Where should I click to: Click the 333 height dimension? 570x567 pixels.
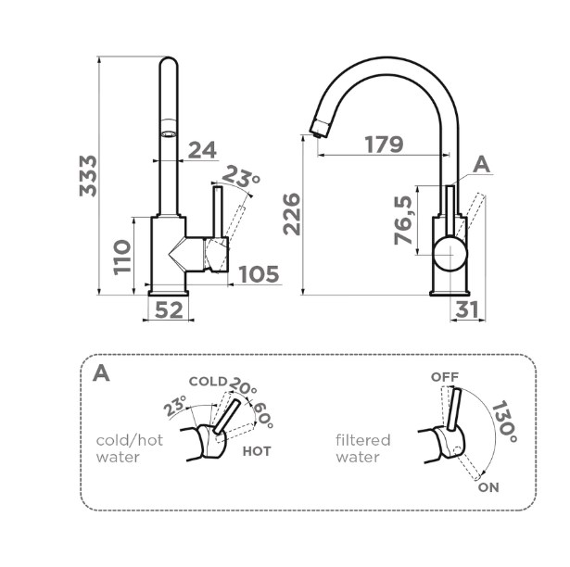tap(87, 174)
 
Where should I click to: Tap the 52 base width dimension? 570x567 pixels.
tap(168, 310)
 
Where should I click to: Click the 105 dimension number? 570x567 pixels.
tap(259, 274)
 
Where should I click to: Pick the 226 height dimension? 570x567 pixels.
tap(291, 213)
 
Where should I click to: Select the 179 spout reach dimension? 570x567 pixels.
tap(383, 145)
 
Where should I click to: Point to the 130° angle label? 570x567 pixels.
tap(504, 422)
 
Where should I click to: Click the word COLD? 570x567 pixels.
tap(208, 381)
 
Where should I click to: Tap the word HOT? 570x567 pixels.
tap(257, 451)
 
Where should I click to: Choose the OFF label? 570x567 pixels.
tap(445, 377)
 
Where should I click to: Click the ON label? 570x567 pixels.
tap(489, 485)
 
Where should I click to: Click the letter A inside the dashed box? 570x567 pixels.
tap(102, 373)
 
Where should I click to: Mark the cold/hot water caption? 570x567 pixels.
tap(130, 448)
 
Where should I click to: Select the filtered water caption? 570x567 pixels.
tap(363, 448)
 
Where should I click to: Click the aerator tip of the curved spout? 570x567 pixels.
tap(315, 129)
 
